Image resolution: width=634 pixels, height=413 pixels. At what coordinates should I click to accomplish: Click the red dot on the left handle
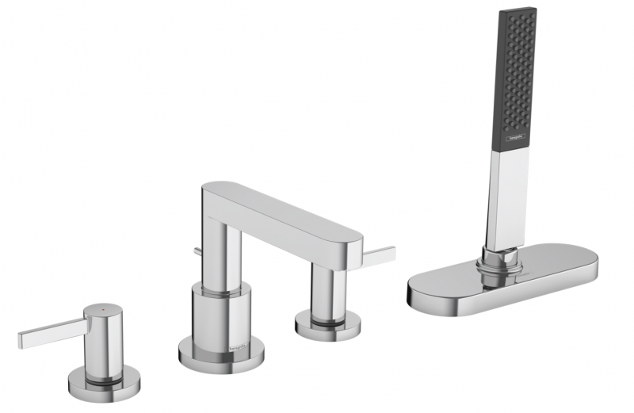pos(98,306)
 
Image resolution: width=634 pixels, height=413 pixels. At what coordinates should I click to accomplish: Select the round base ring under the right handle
pos(327,326)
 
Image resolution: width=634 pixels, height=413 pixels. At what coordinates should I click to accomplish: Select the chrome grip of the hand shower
pos(507,198)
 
